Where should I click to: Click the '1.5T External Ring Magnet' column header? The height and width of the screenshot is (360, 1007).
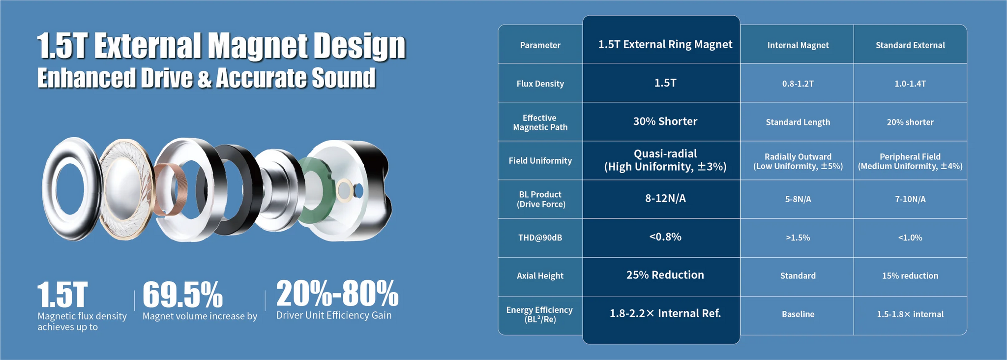tap(665, 45)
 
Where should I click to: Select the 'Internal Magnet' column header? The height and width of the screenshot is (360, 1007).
tap(798, 45)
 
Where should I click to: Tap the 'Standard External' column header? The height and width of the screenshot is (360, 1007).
tap(910, 45)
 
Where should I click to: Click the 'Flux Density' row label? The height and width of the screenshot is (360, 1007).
tap(540, 84)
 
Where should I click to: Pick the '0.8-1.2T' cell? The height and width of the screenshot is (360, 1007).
tap(798, 84)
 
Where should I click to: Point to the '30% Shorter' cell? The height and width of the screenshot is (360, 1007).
tap(665, 121)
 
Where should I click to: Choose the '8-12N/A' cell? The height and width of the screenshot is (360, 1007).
tap(665, 199)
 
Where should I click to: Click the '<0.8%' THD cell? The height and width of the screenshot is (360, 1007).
tap(665, 237)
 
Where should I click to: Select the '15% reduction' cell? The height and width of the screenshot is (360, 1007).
tap(910, 276)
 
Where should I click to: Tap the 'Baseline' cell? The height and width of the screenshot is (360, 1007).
tap(798, 314)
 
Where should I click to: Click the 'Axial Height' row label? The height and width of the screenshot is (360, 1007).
tap(540, 276)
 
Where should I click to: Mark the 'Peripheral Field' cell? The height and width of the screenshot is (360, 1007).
tap(910, 156)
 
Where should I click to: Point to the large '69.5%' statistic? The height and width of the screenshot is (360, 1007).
tap(182, 295)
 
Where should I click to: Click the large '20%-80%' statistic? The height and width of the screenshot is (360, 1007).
tap(337, 293)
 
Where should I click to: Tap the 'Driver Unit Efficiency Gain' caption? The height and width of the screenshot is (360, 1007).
tap(334, 315)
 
